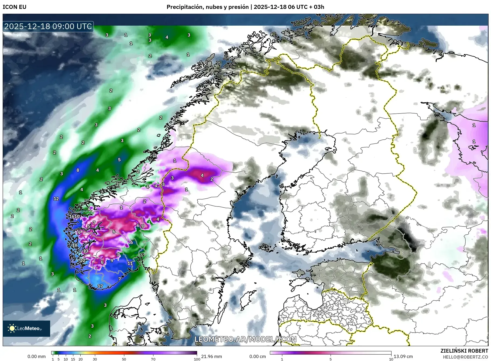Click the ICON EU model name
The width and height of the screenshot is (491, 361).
click(15, 7)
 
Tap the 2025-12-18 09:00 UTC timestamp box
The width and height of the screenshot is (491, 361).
click(48, 26)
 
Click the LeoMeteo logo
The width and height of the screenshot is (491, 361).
click(26, 328)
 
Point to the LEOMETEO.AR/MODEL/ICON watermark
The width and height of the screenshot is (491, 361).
click(245, 339)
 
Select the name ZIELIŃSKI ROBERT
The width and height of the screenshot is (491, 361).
click(464, 351)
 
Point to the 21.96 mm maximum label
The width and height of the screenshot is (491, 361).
click(212, 356)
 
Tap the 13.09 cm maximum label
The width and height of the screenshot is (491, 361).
click(403, 356)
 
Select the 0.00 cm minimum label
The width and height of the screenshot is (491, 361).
click(257, 356)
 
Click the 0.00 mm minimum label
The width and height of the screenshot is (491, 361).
click(36, 356)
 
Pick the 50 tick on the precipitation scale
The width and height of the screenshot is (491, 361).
click(124, 359)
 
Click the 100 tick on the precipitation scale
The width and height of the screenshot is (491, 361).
click(197, 359)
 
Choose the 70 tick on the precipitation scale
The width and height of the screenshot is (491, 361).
click(153, 359)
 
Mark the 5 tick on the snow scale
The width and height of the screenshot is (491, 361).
click(331, 359)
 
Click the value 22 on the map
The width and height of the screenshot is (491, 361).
click(83, 260)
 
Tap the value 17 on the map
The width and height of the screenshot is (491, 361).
click(100, 286)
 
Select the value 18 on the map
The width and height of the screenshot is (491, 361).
click(75, 245)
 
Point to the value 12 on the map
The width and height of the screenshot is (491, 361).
click(56, 199)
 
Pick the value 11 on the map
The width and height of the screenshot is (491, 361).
click(130, 263)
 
